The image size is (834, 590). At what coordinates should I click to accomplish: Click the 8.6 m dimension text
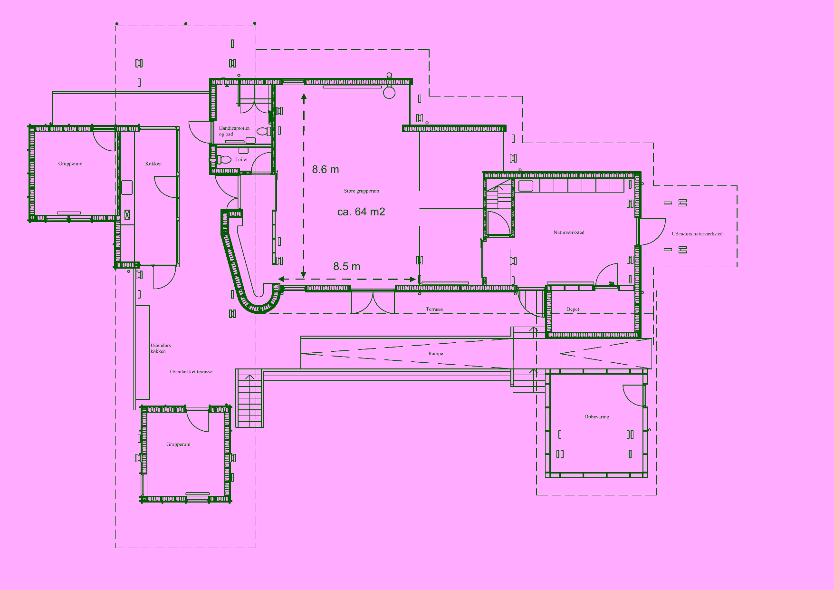[x=326, y=170]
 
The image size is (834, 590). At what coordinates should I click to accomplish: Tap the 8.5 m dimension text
[x=346, y=267]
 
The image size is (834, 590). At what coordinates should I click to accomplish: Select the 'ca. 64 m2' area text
[x=361, y=212]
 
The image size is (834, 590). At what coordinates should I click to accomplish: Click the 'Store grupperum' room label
[x=362, y=191]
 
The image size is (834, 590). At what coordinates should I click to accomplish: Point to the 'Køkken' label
[x=153, y=164]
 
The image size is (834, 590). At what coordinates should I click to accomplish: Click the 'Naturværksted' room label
[x=569, y=232]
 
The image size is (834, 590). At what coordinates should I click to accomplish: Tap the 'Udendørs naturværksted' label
[x=697, y=234]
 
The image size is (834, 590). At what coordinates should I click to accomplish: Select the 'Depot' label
[x=573, y=310]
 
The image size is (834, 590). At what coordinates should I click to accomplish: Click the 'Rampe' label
[x=436, y=354]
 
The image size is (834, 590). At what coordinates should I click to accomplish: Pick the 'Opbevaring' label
[x=597, y=417]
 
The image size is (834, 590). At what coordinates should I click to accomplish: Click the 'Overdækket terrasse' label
[x=191, y=372]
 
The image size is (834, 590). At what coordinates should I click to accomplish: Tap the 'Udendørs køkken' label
[x=161, y=348]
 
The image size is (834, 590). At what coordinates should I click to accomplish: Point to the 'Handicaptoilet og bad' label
[x=234, y=131]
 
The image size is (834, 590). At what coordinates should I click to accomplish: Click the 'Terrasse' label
[x=434, y=310]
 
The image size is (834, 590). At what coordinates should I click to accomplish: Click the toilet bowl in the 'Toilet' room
[x=224, y=160]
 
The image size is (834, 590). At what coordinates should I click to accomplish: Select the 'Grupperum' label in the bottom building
[x=178, y=445]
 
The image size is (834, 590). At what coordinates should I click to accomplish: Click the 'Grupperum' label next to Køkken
[x=70, y=164]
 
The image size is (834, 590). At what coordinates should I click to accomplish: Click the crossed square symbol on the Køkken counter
[x=127, y=214]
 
